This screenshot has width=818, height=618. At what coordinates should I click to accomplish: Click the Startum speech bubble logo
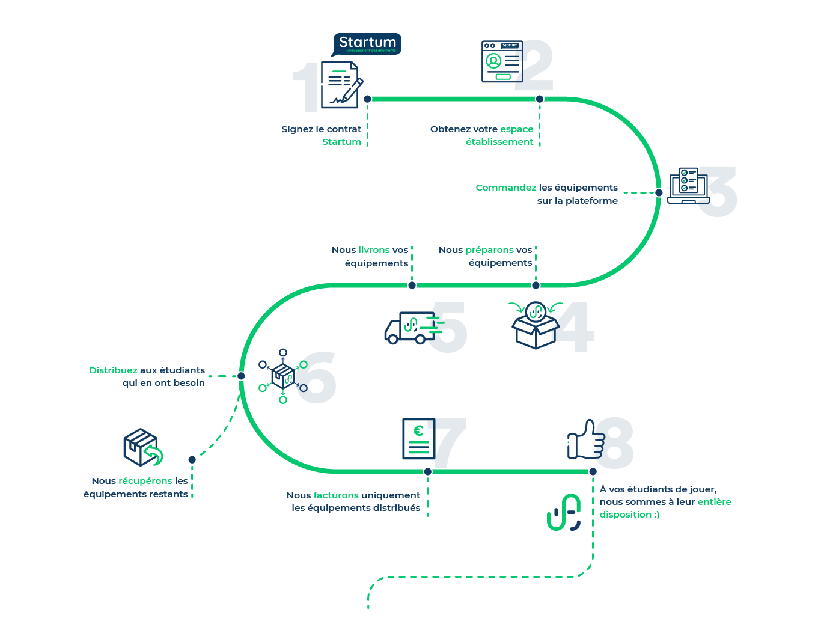[x=367, y=44]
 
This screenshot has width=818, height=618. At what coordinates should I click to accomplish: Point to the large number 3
[x=717, y=191]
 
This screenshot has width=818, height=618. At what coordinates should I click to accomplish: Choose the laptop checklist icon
[x=684, y=185]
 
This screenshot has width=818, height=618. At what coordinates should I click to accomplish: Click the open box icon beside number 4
[x=534, y=327]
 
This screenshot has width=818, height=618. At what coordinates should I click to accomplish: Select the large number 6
[x=316, y=378]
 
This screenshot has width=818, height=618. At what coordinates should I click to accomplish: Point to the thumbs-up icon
[x=582, y=441]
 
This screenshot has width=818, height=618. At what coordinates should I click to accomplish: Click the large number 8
[x=614, y=444]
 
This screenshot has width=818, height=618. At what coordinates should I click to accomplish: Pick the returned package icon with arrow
[x=142, y=447]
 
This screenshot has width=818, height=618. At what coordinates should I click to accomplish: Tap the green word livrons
[x=374, y=250]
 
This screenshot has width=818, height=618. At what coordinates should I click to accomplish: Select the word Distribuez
[x=113, y=370]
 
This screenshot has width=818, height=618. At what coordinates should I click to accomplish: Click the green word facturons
[x=336, y=495]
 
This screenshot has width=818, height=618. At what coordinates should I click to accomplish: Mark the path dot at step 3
[x=659, y=192]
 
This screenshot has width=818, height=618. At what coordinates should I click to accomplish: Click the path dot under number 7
[x=427, y=471]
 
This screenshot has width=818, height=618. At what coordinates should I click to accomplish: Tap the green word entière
[x=714, y=502]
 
